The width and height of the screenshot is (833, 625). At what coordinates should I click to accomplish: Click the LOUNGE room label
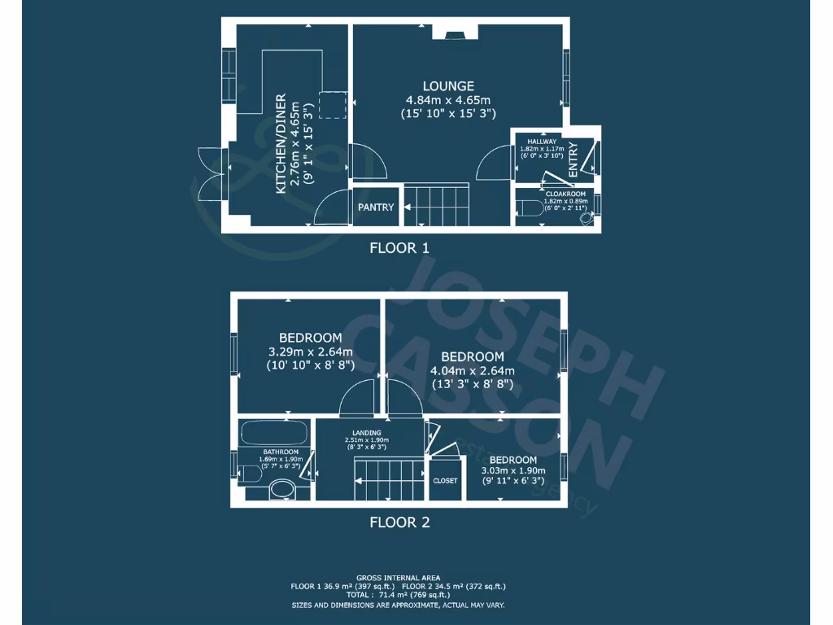point(448,86)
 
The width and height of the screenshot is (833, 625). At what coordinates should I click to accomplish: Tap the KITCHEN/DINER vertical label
point(281,144)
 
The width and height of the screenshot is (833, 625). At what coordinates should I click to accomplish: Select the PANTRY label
point(375,208)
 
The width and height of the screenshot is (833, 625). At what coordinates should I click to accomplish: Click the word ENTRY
point(573,160)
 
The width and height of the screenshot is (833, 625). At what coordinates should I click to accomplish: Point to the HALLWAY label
point(541,142)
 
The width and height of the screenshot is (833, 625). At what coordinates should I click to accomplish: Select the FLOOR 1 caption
point(399,248)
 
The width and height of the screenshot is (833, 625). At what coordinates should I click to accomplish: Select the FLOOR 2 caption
point(399,522)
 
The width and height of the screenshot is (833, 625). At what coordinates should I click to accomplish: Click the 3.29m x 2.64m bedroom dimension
point(310,352)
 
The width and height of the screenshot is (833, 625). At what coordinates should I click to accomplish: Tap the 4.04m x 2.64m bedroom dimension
point(473,371)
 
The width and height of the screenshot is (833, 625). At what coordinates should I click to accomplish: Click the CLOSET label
point(445,481)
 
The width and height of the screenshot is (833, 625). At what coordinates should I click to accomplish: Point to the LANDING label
point(366,433)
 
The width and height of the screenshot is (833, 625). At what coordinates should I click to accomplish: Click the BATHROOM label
point(280,452)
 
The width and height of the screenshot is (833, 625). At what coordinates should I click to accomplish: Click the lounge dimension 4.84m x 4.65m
point(448,100)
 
